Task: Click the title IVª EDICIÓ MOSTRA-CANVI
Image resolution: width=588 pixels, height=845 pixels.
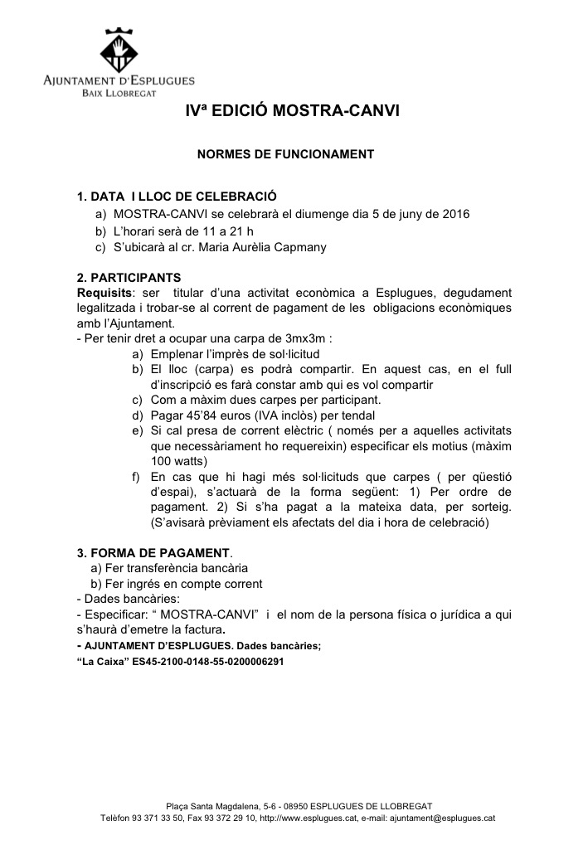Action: (293, 110)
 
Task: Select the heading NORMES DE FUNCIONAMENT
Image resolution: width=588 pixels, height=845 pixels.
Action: (284, 154)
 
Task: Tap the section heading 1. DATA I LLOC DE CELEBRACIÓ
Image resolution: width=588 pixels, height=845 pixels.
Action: (176, 197)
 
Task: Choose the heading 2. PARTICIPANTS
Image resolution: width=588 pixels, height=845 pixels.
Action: (129, 277)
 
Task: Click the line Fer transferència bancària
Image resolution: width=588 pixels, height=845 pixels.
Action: (170, 568)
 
